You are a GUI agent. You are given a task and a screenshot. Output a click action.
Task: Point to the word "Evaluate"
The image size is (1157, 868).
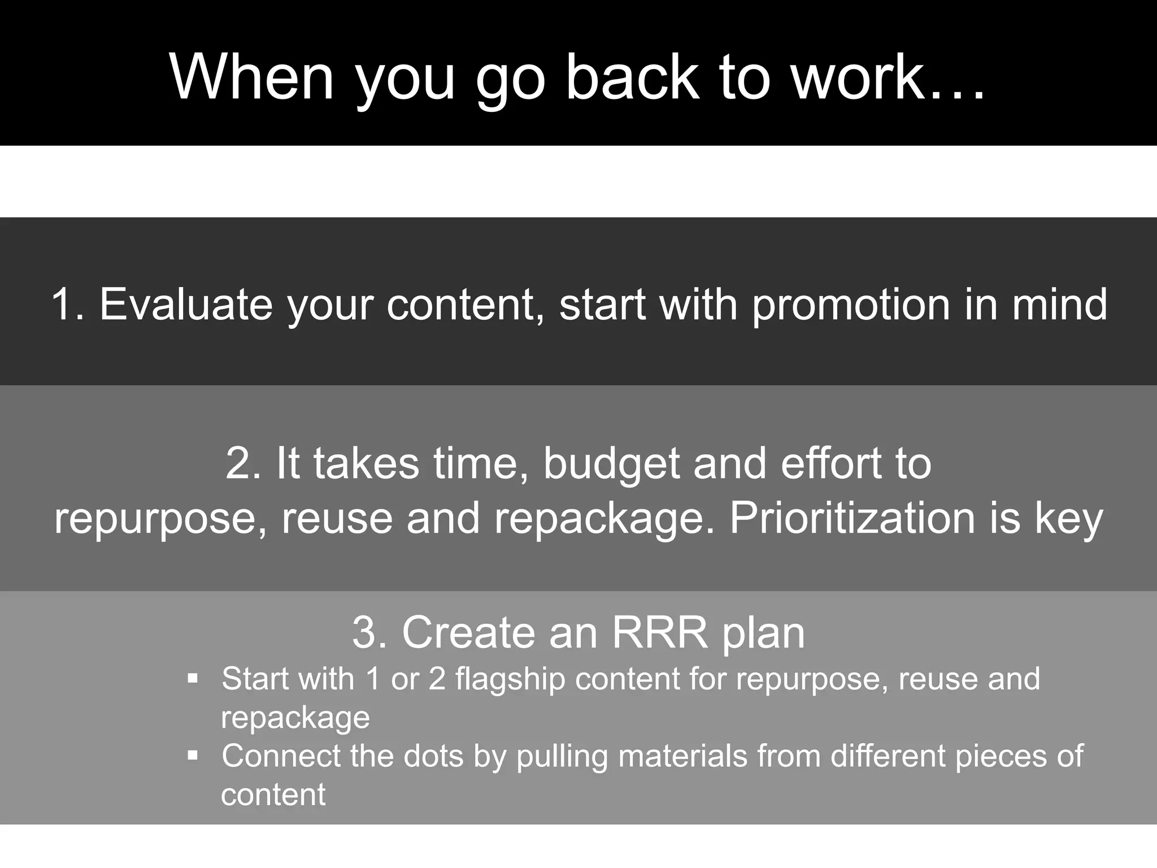pyautogui.click(x=186, y=305)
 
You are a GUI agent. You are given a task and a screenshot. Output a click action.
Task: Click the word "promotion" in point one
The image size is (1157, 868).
pyautogui.click(x=851, y=305)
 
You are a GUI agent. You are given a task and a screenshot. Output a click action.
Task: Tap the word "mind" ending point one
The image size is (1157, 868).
pyautogui.click(x=1059, y=305)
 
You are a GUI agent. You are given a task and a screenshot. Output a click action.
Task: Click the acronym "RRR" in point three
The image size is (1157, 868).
pyautogui.click(x=660, y=632)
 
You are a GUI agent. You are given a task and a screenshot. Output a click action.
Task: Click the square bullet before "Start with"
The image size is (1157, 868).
pyautogui.click(x=193, y=678)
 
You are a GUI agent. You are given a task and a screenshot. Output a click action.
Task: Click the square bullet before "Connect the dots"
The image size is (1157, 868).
pyautogui.click(x=193, y=756)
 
